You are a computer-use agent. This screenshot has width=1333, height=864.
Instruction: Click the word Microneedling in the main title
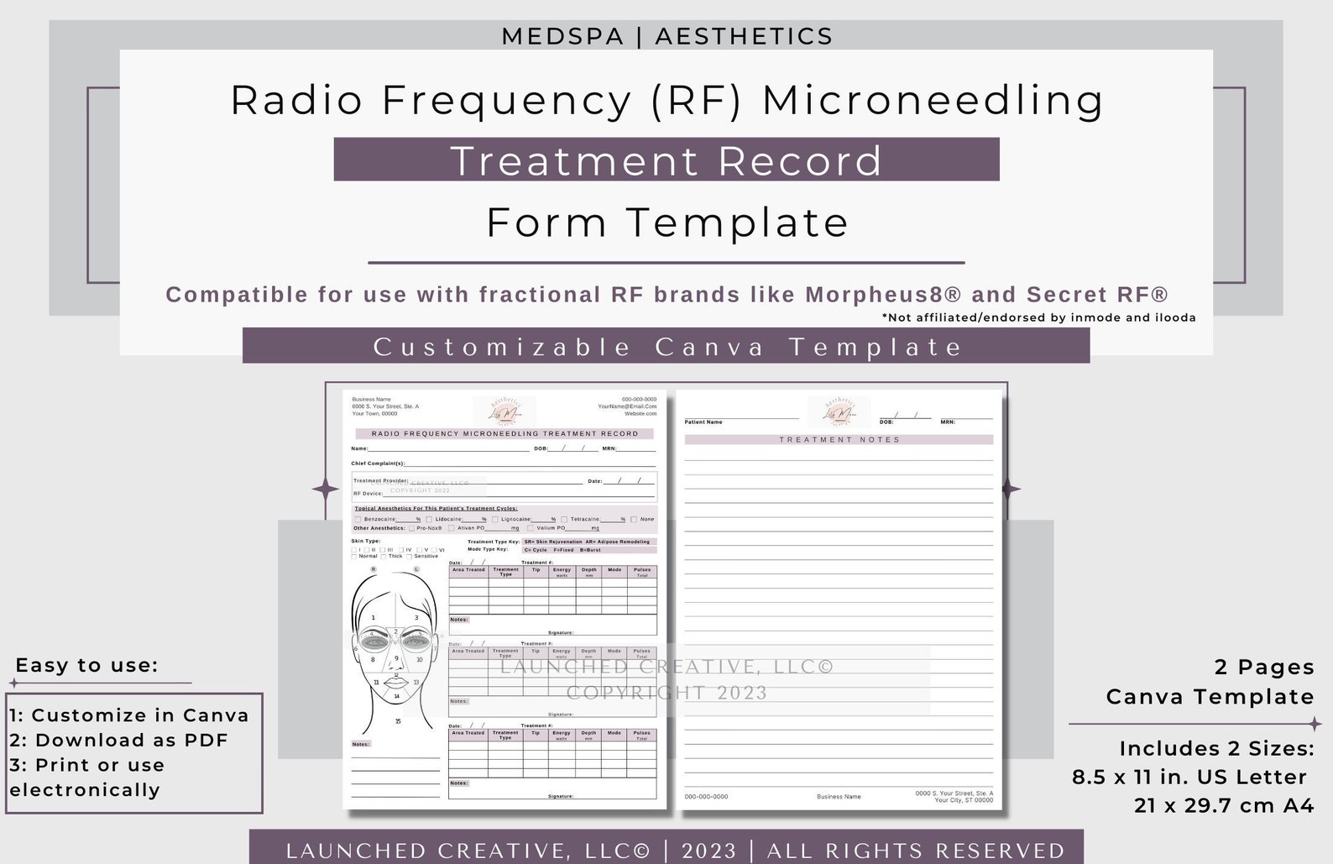pyautogui.click(x=933, y=100)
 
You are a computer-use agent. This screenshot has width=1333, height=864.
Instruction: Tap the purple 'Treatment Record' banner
pyautogui.click(x=666, y=160)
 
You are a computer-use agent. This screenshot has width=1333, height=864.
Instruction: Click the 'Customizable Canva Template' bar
pyautogui.click(x=666, y=346)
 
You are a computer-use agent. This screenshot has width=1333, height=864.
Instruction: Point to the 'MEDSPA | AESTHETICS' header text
pyautogui.click(x=666, y=36)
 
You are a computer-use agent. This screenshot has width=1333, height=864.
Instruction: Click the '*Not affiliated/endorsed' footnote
pyautogui.click(x=1038, y=317)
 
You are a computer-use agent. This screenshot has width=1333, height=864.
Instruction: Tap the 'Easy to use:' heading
pyautogui.click(x=86, y=665)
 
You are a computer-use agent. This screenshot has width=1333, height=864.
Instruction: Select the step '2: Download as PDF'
pyautogui.click(x=118, y=740)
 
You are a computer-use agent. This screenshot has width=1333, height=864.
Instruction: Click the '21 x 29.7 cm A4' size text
pyautogui.click(x=1223, y=805)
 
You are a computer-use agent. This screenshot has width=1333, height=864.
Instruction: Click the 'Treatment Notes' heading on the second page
pyautogui.click(x=839, y=440)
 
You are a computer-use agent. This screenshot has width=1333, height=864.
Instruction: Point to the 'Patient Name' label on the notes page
pyautogui.click(x=703, y=422)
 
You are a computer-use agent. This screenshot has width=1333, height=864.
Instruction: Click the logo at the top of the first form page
pyautogui.click(x=504, y=411)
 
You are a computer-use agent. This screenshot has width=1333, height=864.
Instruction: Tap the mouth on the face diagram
pyautogui.click(x=396, y=682)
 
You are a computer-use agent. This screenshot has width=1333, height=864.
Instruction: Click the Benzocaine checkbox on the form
pyautogui.click(x=358, y=520)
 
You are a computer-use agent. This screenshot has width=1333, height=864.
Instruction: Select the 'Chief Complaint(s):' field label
pyautogui.click(x=378, y=463)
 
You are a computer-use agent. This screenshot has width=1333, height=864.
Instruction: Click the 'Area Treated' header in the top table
pyautogui.click(x=468, y=570)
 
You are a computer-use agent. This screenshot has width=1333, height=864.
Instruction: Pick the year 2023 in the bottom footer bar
pyautogui.click(x=708, y=850)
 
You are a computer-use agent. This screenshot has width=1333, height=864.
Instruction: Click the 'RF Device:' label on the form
pyautogui.click(x=368, y=494)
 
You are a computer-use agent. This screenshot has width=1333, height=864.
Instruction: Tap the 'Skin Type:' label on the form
pyautogui.click(x=366, y=542)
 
